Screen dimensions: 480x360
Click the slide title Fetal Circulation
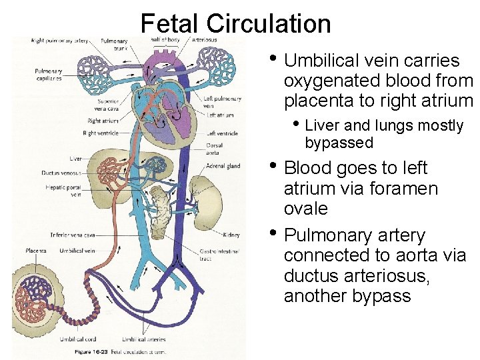pos(235,24)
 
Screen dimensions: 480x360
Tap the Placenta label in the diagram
pos(36,251)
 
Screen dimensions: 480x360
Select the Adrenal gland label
pos(223,166)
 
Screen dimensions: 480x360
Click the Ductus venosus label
pos(62,173)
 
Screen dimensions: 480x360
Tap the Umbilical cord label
pos(77,339)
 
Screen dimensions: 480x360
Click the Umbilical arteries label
pos(147,339)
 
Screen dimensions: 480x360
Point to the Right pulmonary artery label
pos(59,41)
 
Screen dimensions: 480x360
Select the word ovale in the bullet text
pos(306,209)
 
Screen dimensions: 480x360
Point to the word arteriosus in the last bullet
pos(380,275)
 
